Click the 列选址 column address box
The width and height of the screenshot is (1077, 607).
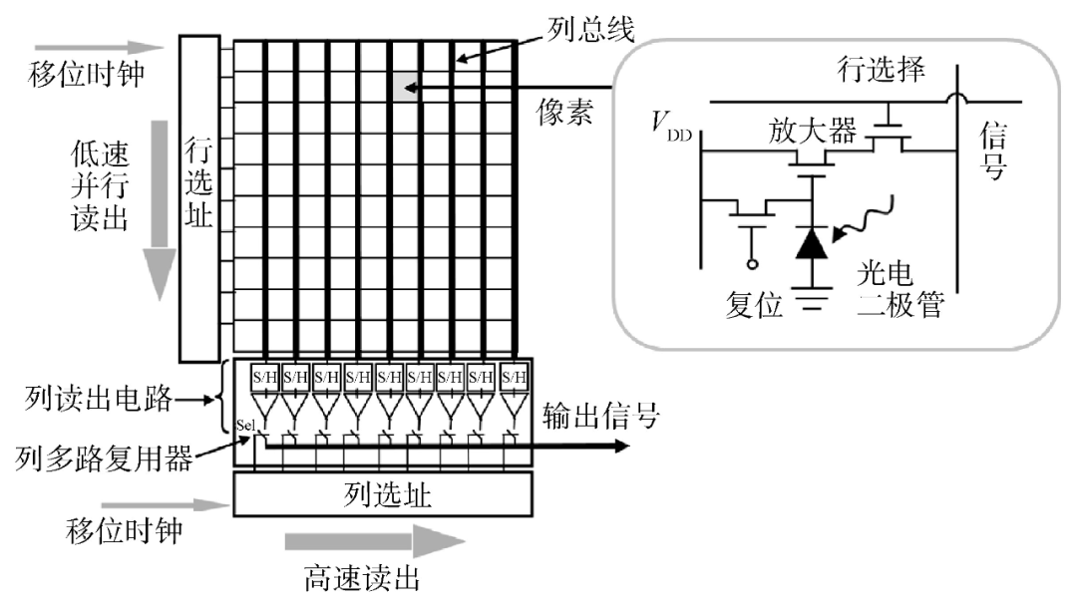coord(383,494)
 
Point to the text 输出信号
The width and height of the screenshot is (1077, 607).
coord(600,416)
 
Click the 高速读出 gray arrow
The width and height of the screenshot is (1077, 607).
coord(375,542)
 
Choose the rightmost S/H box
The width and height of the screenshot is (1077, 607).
coord(513,377)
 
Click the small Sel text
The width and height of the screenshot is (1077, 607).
coord(245,426)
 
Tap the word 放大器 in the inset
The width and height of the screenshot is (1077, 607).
coord(812,130)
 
